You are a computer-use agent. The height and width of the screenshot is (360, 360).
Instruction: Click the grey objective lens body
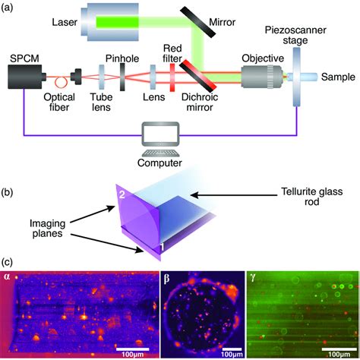(x=261, y=77)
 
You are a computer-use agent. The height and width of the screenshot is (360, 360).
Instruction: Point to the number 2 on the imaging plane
(x=121, y=194)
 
